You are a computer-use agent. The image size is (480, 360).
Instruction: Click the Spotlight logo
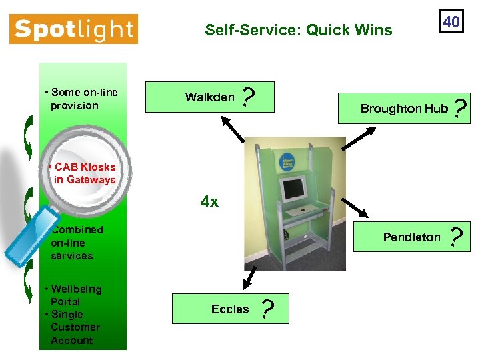click(73, 29)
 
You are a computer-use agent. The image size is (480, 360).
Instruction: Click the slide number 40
click(451, 22)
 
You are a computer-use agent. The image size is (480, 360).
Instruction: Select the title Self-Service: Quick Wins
click(298, 30)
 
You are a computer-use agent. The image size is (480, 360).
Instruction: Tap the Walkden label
click(209, 97)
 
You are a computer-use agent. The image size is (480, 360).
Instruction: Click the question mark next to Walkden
click(248, 99)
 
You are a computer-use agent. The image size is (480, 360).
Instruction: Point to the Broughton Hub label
click(404, 108)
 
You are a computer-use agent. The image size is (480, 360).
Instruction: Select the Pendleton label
click(411, 237)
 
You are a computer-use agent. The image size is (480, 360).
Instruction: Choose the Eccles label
click(229, 309)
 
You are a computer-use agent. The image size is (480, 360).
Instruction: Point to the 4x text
click(209, 201)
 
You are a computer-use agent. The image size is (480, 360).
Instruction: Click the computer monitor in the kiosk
click(293, 189)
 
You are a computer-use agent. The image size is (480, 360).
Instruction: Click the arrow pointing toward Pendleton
click(355, 207)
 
